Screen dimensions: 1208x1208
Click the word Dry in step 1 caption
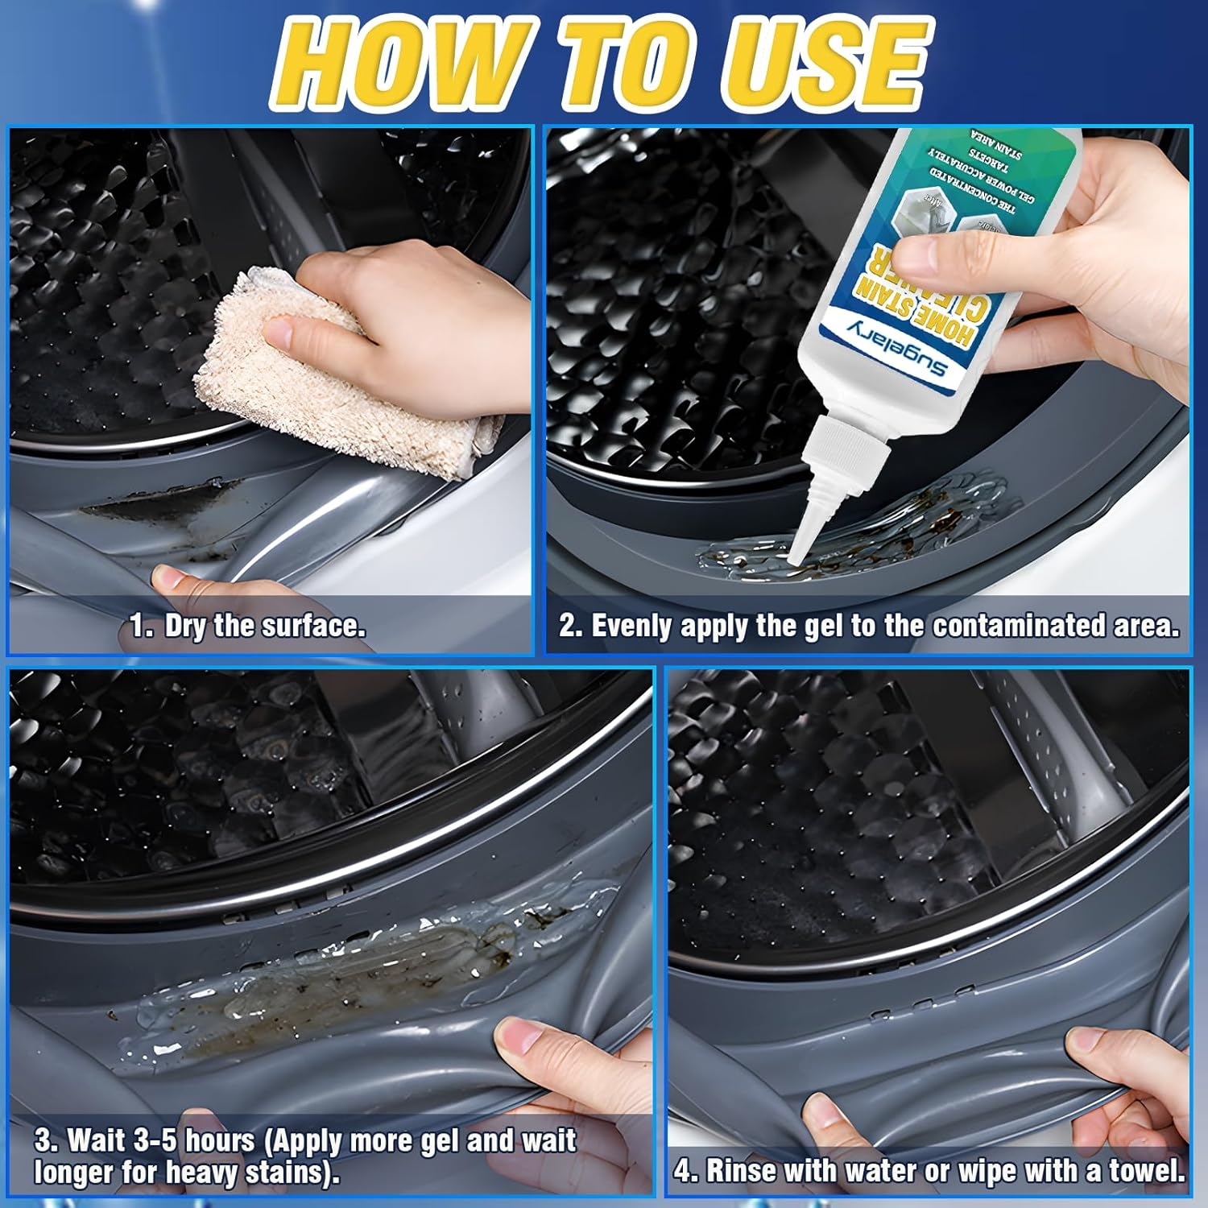pos(186,627)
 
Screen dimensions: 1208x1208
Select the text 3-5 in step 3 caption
pos(151,1140)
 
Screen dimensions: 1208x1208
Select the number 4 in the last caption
pos(684,1171)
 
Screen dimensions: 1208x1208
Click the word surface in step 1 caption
pos(318,627)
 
